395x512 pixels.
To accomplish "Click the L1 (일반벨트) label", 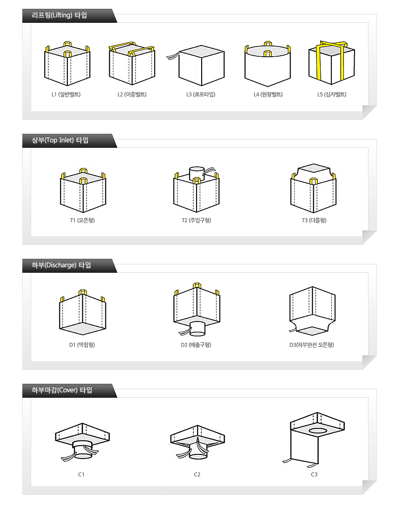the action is (x=66, y=94).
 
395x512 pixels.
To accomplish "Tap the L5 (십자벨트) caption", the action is (x=332, y=94).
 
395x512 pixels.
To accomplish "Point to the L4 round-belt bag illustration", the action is (x=268, y=64).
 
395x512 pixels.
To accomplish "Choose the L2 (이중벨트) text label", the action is (x=132, y=94).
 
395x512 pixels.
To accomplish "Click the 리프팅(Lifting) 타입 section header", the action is (x=59, y=15).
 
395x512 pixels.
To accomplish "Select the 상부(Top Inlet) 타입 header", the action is (x=60, y=140).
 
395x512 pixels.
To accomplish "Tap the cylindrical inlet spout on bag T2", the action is (x=197, y=173).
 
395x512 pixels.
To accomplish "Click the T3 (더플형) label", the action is (x=314, y=220).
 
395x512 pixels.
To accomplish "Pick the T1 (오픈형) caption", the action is (x=82, y=220).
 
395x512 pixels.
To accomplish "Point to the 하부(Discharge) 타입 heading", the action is (x=61, y=265).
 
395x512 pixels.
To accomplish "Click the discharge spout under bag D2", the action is (x=197, y=328).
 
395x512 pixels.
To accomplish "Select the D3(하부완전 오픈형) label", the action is (x=311, y=345).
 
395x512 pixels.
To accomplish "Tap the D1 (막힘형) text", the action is (x=82, y=345).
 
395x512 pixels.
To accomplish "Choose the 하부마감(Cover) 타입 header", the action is (x=62, y=390).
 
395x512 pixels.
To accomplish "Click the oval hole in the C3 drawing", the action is (x=317, y=431).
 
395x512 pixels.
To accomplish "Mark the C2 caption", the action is (x=197, y=474).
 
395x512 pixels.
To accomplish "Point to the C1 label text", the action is (x=81, y=474).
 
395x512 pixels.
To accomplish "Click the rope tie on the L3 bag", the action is (x=173, y=56).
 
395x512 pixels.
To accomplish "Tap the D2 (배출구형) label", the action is (x=196, y=345).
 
